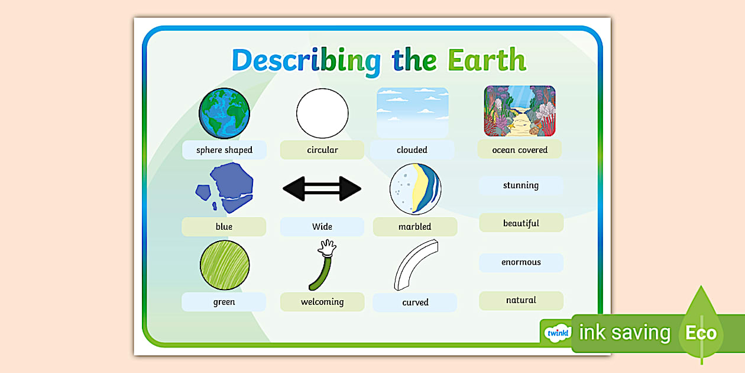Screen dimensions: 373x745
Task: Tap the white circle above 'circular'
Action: pos(322,112)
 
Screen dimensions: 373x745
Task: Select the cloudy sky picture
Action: pos(412,112)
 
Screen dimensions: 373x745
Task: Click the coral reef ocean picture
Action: pos(520,111)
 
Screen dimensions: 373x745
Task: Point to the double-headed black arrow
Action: pos(322,189)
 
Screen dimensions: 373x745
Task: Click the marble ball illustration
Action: pos(415,189)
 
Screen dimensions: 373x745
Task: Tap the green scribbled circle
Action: pos(224,265)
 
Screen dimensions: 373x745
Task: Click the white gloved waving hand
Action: pos(327,247)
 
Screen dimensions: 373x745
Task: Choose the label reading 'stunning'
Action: pos(521,185)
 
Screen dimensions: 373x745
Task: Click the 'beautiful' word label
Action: pos(521,223)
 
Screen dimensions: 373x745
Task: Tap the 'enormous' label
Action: pos(521,262)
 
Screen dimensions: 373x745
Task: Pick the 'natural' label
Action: pos(521,300)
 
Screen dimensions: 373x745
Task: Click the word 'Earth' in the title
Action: pos(486,60)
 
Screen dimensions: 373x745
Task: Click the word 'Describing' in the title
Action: pos(306,61)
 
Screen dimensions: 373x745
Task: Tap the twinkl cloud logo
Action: pos(557,333)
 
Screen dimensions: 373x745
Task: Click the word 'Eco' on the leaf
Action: pos(701,333)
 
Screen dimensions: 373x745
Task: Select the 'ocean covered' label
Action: pos(520,150)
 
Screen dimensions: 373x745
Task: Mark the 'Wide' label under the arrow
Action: pos(322,227)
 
